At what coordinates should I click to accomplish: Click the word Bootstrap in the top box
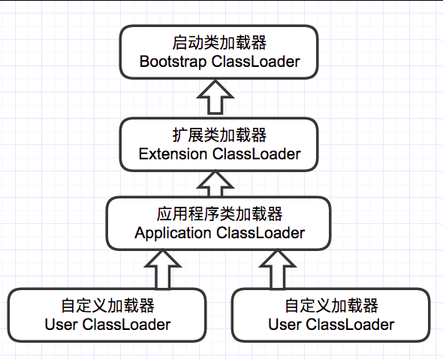172,62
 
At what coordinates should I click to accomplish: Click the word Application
173,233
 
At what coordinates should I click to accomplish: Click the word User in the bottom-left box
61,325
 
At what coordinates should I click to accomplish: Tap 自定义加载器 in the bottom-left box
107,307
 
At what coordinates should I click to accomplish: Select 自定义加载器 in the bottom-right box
332,307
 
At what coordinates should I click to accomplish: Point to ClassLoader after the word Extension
257,154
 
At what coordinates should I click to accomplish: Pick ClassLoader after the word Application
261,233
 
